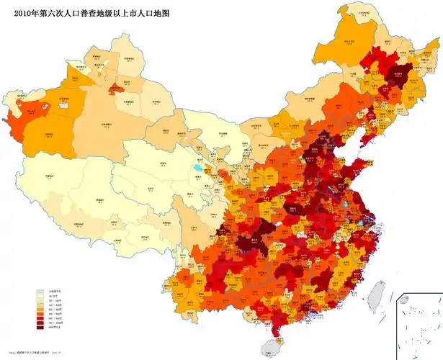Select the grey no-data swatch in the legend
pyautogui.click(x=41, y=293)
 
